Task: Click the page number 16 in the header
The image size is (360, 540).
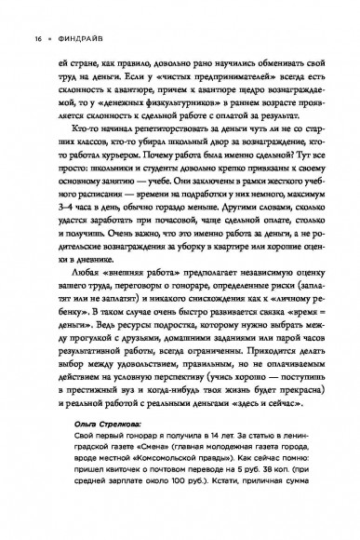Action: pos(14,14)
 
